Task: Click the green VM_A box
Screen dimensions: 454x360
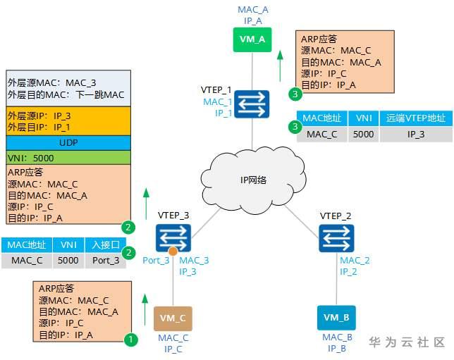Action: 252,39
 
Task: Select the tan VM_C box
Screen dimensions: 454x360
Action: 173,318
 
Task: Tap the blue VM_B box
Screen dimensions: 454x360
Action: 336,318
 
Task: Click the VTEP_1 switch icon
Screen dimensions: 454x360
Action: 252,104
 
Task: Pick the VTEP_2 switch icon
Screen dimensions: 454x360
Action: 336,238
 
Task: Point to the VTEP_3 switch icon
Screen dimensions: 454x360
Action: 173,238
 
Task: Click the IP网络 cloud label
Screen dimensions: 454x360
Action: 253,180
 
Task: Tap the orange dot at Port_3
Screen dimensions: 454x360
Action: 173,252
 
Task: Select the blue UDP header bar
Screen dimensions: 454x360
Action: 68,143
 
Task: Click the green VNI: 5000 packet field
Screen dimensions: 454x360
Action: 68,158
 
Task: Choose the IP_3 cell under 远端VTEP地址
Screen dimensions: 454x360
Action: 416,135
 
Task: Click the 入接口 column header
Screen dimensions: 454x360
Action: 106,245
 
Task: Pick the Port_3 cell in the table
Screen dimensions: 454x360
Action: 106,261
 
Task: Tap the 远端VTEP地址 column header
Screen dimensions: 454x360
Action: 416,118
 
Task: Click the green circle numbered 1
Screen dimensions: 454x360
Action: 130,339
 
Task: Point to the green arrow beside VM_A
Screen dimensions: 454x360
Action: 280,66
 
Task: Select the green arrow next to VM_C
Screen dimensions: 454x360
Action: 145,310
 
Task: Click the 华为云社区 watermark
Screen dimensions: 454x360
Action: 407,342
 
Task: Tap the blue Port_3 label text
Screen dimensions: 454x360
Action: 156,261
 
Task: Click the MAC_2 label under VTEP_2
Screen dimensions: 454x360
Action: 355,261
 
